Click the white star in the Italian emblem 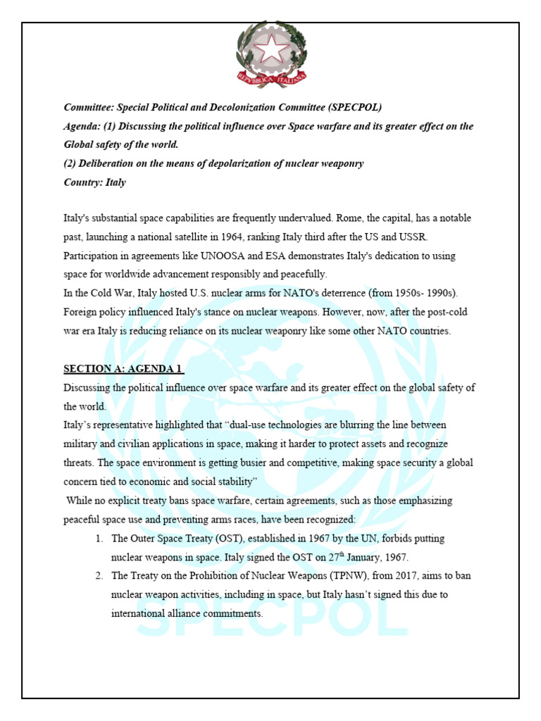[x=270, y=49]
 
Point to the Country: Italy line [x=95, y=182]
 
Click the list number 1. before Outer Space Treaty [x=99, y=538]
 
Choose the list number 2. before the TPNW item [x=99, y=575]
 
